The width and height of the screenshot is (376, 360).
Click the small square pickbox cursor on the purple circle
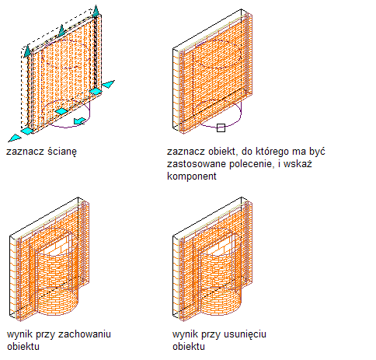(221, 128)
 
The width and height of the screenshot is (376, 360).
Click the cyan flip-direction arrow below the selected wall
(80, 121)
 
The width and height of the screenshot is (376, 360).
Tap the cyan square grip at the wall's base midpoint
(61, 111)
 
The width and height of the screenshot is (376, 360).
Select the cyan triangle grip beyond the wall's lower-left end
(15, 138)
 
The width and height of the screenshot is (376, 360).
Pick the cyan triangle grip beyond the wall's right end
(108, 84)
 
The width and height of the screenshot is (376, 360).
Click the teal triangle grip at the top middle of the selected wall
(61, 30)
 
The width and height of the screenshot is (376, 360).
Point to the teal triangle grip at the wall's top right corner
(96, 11)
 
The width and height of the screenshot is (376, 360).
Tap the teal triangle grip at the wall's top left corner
(27, 51)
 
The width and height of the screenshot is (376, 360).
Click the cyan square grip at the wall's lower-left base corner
(27, 131)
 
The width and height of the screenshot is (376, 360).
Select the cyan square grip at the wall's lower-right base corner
(96, 91)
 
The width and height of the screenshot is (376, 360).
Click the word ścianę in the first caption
(62, 152)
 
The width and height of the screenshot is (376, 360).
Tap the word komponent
(192, 177)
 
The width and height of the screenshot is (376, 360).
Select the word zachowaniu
(85, 334)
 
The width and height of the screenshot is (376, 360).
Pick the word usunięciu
(245, 334)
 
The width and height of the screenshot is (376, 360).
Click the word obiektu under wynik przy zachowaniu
(23, 347)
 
